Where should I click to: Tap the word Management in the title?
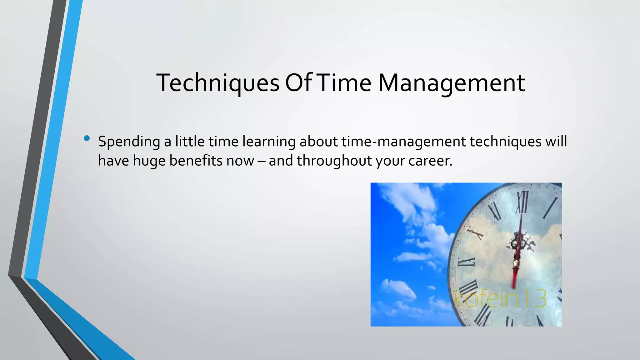pyautogui.click(x=451, y=83)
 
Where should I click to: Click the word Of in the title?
pyautogui.click(x=298, y=83)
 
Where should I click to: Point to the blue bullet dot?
pyautogui.click(x=87, y=138)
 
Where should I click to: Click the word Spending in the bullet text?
pyautogui.click(x=129, y=142)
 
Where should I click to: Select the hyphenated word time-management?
pyautogui.click(x=403, y=142)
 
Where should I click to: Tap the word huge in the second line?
pyautogui.click(x=149, y=161)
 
